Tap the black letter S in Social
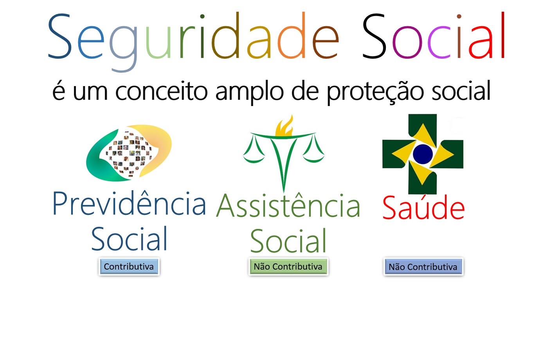(x=374, y=36)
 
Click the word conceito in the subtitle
(x=162, y=91)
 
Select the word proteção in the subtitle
(x=375, y=92)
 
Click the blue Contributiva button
(x=129, y=266)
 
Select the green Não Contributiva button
(x=288, y=266)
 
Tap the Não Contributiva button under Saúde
(x=423, y=267)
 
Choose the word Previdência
(x=129, y=203)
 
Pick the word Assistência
(x=288, y=205)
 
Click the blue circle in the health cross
(x=423, y=154)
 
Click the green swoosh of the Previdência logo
(x=103, y=160)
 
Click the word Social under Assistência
(x=288, y=241)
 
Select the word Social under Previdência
(x=129, y=239)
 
